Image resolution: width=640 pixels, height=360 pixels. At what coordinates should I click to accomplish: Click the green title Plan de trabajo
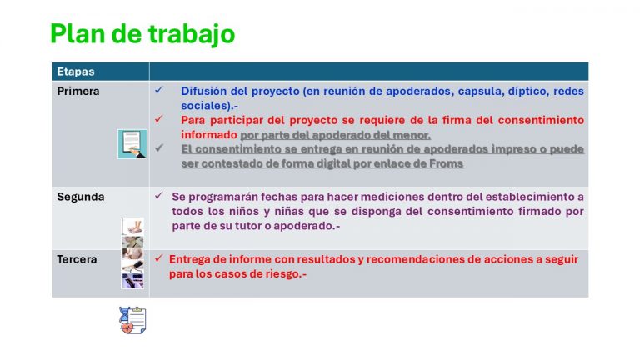(142, 34)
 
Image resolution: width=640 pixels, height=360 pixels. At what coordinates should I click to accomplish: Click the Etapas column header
(76, 72)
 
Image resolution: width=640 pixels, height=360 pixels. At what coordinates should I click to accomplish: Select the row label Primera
(78, 91)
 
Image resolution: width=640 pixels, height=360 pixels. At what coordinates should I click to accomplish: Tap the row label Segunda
(80, 197)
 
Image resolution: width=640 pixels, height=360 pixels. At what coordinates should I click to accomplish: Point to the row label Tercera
(77, 259)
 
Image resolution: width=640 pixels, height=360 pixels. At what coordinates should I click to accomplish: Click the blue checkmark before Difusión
(159, 90)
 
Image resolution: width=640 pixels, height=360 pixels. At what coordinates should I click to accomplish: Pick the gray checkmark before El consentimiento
(159, 147)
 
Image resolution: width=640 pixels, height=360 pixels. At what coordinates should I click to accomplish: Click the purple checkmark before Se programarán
(159, 196)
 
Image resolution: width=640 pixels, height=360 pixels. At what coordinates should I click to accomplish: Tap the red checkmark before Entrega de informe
(159, 258)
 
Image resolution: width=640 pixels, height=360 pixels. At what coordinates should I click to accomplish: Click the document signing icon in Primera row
(132, 144)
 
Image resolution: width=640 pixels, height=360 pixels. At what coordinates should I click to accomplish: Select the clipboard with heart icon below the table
(132, 320)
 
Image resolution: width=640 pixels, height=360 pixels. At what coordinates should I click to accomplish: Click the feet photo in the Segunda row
(132, 226)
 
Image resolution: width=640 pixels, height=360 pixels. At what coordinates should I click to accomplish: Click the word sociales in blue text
(204, 106)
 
